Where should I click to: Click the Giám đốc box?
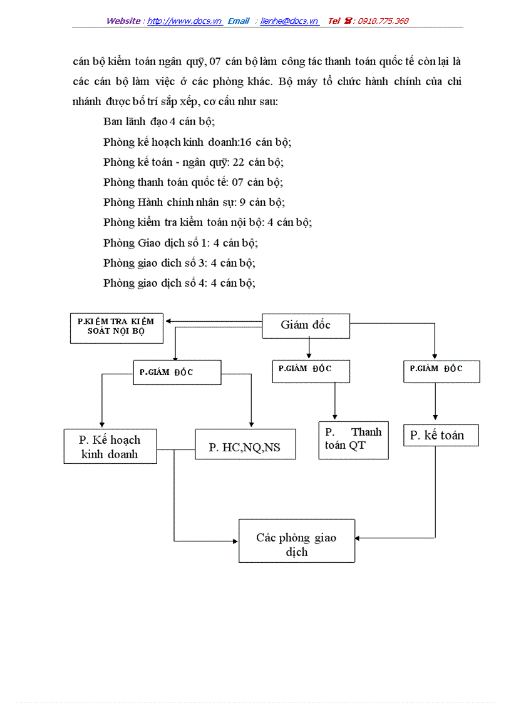(306, 326)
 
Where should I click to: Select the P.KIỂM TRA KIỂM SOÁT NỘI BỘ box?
(116, 327)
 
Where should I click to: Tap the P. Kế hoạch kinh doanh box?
(110, 446)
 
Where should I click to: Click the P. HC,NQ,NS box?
(245, 447)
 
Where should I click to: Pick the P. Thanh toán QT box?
(353, 439)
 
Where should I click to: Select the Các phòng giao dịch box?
(297, 541)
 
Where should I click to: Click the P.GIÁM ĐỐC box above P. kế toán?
(441, 371)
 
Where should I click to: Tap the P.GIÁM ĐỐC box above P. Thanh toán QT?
(311, 371)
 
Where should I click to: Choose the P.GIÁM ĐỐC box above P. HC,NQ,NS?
(177, 372)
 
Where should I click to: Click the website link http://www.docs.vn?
(185, 21)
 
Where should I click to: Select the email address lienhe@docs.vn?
(289, 21)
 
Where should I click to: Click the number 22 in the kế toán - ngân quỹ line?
(238, 162)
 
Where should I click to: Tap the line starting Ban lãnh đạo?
(159, 122)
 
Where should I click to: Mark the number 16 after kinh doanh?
(245, 142)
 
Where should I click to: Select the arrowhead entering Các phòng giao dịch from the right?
(358, 538)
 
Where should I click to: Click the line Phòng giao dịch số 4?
(179, 282)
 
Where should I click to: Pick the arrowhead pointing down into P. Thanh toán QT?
(334, 418)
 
